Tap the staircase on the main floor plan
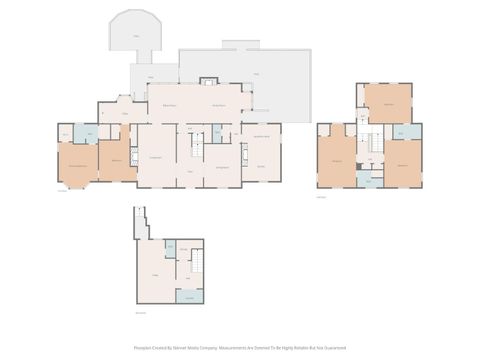coord(197,145)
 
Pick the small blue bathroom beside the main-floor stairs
coord(216,133)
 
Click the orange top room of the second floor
coord(387,103)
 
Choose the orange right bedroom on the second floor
coord(403,162)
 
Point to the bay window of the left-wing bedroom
coord(76,184)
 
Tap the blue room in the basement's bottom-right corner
coord(190,296)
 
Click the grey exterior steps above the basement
coord(140,223)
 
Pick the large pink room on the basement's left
coord(156,275)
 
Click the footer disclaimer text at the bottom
coord(240,349)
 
